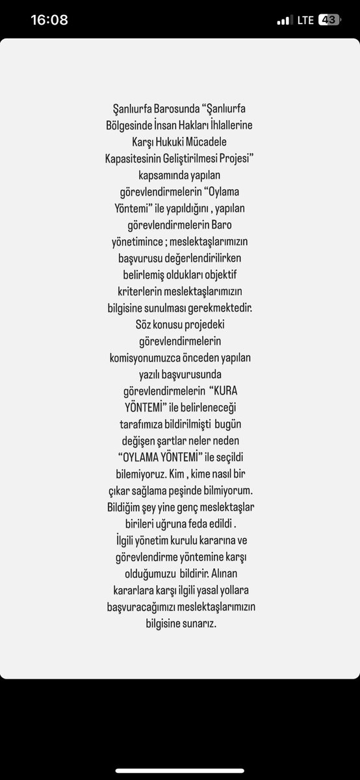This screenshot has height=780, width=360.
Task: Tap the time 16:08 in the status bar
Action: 49,20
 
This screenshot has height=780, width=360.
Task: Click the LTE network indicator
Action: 305,20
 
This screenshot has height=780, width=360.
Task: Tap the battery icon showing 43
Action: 328,20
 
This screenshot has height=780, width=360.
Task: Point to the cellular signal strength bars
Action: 284,21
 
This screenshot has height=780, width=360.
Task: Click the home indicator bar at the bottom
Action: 180,771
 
